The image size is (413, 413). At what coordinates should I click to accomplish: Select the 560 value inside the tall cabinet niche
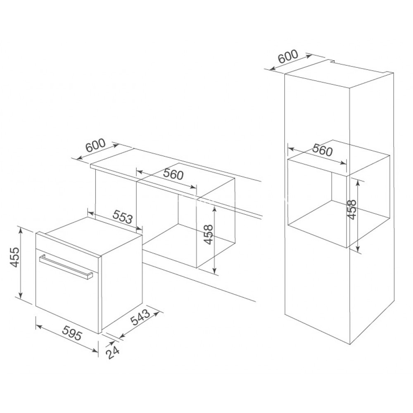coord(322,151)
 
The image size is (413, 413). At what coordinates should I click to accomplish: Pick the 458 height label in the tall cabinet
coord(351,210)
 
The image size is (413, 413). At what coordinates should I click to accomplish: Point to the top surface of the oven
coord(89,235)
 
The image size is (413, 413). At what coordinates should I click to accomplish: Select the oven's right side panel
coord(122,289)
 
